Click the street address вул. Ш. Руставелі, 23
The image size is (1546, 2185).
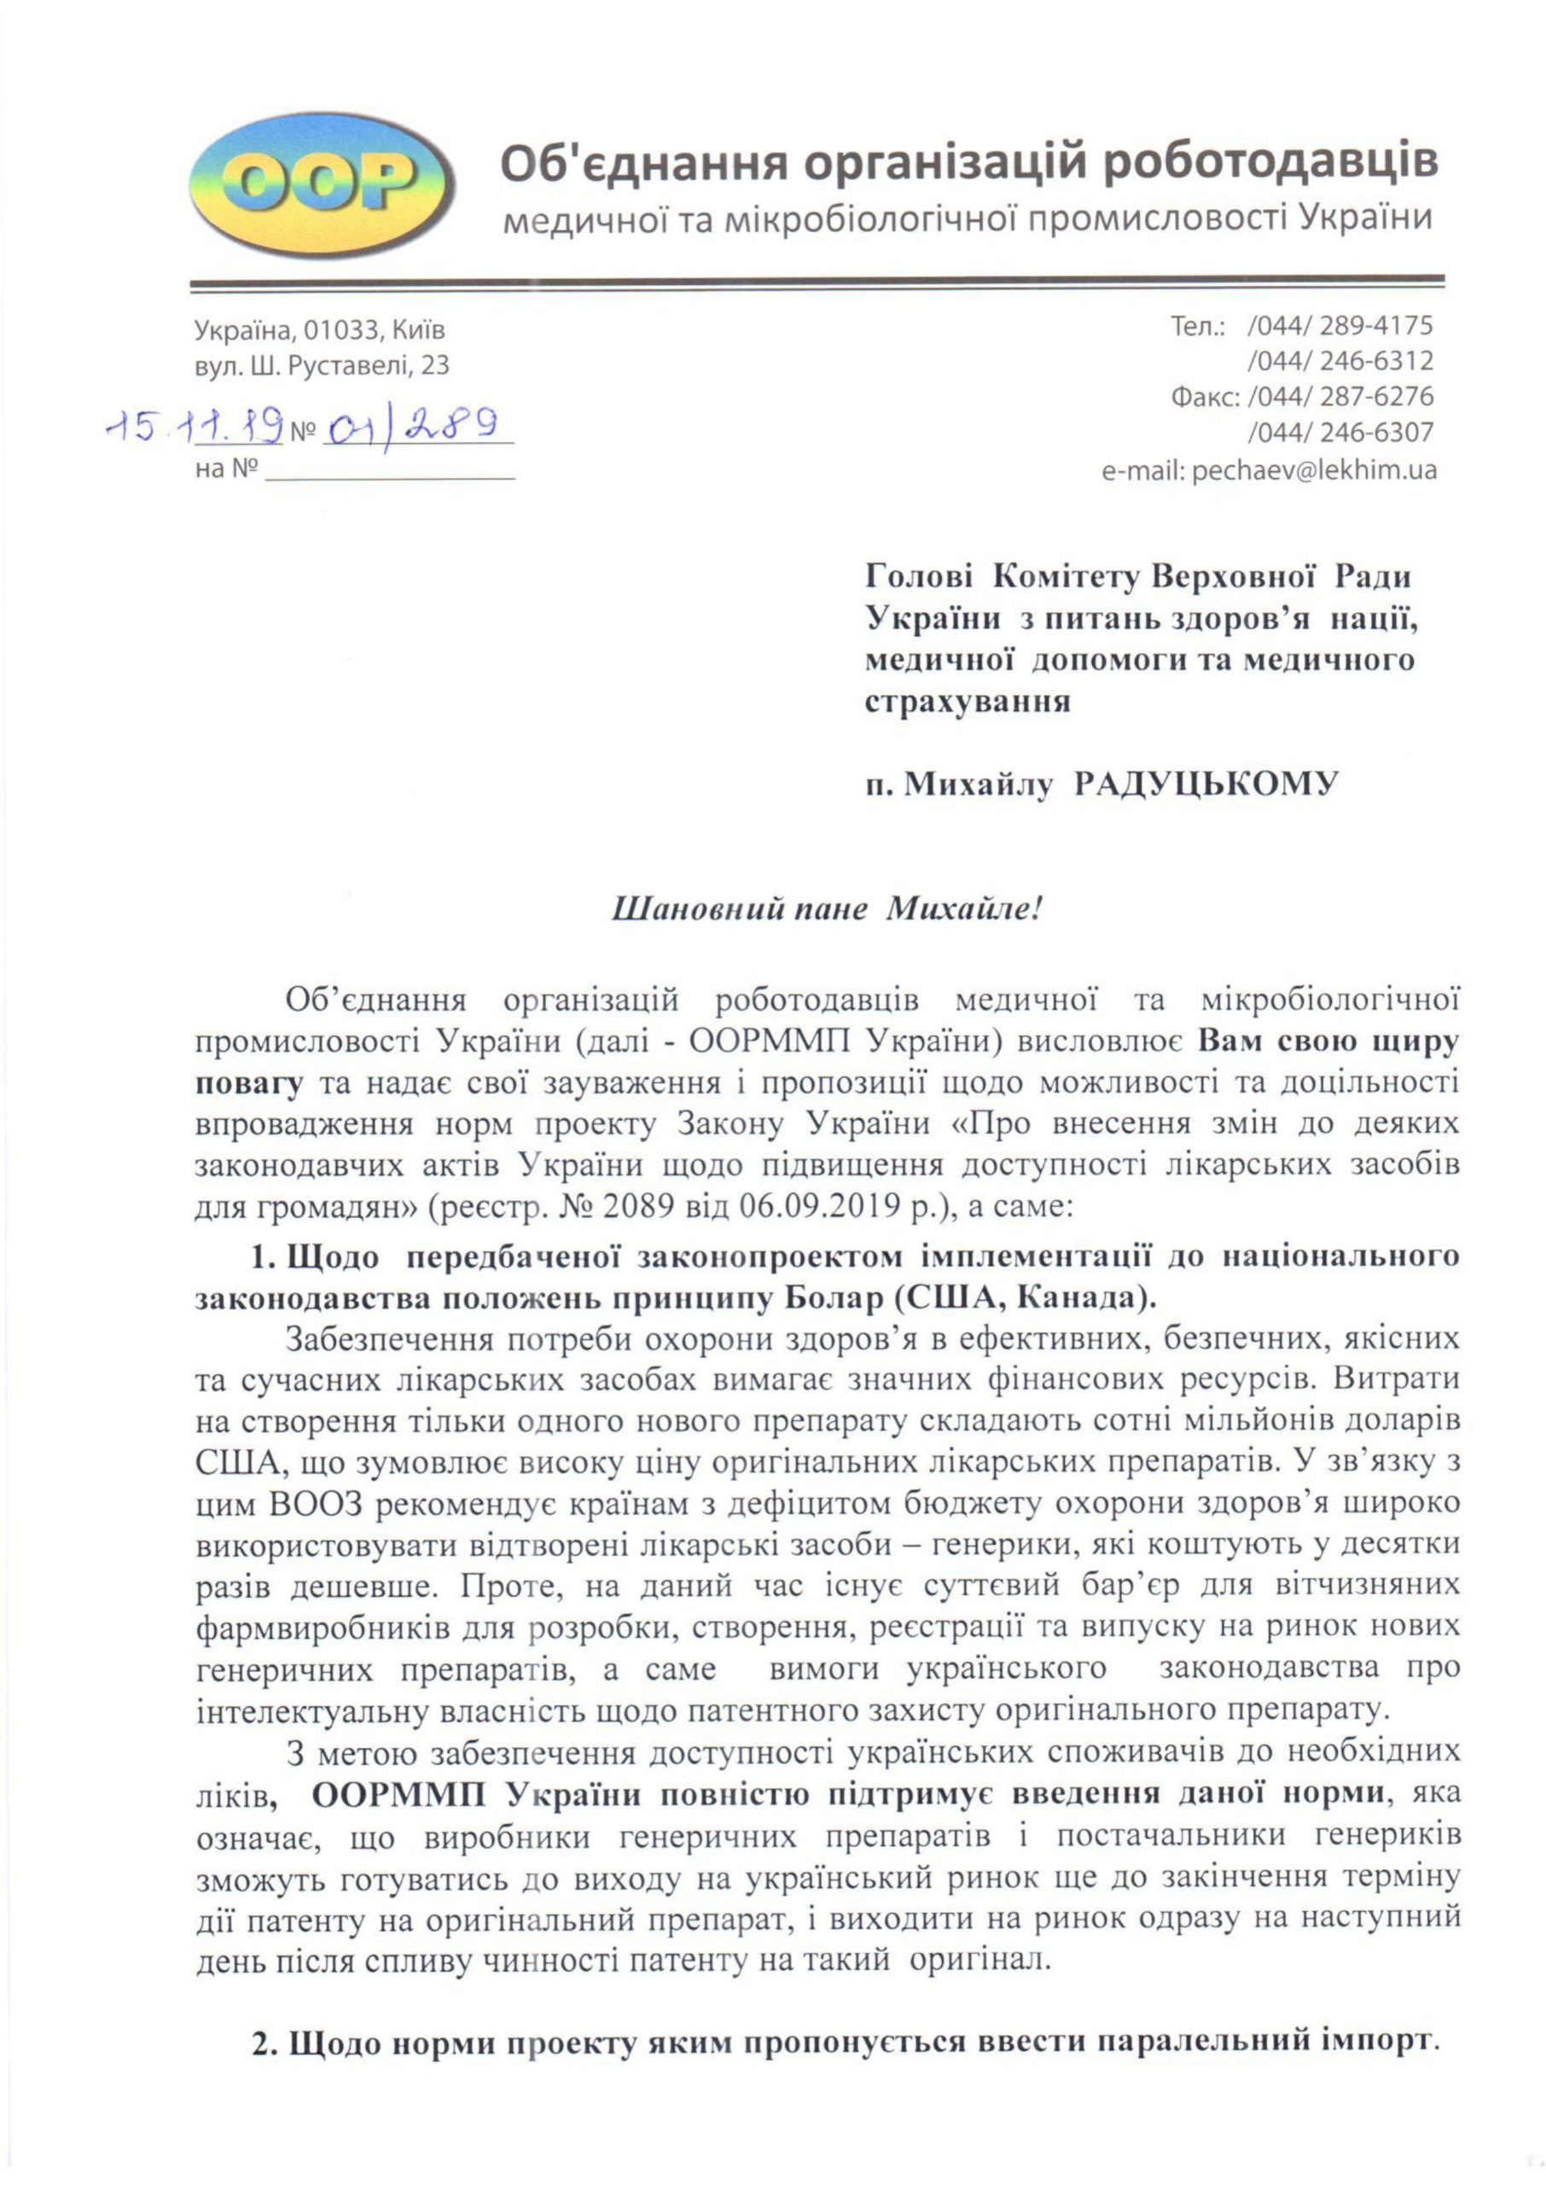point(322,366)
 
